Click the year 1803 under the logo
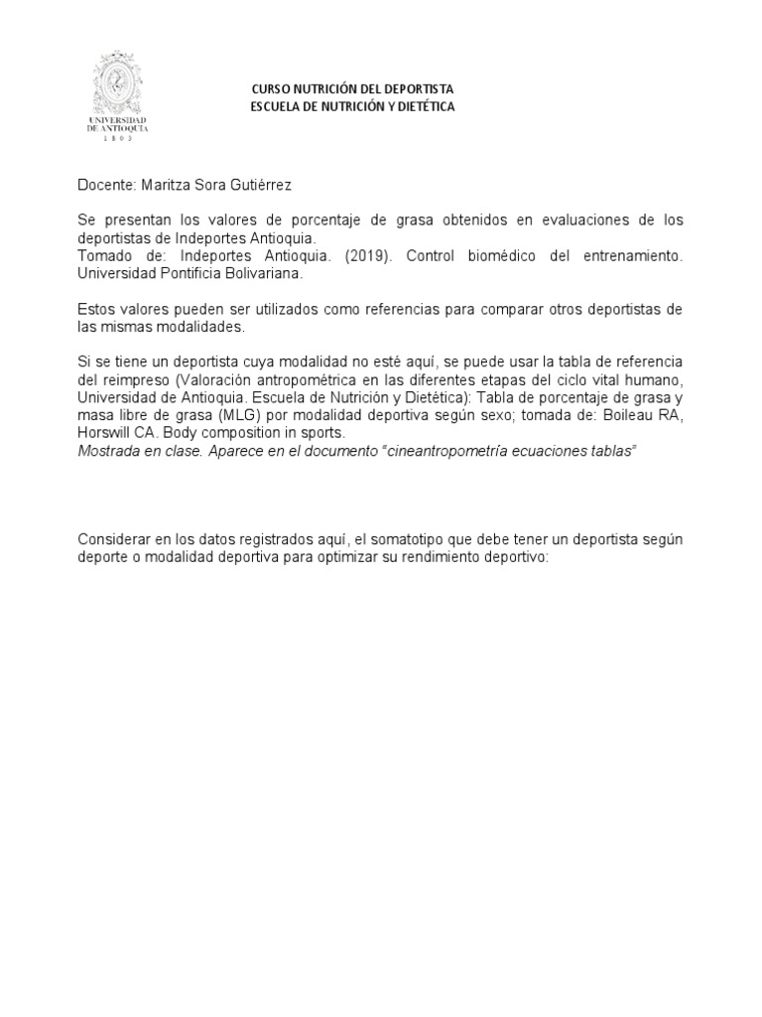117,140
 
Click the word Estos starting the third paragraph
96,309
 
